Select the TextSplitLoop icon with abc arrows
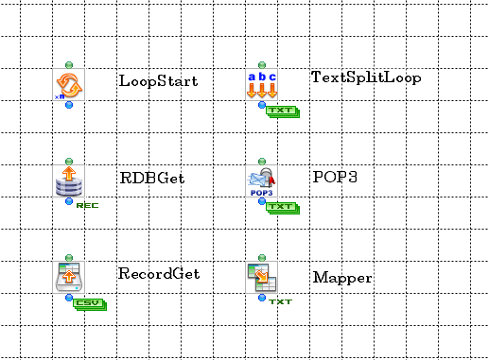(x=261, y=84)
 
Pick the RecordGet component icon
(x=70, y=276)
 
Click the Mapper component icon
(x=261, y=276)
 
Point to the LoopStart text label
(x=158, y=81)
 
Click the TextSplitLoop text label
(x=366, y=77)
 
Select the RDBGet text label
(x=151, y=176)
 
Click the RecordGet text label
(x=159, y=274)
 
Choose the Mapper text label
(x=342, y=279)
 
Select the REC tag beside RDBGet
(x=87, y=205)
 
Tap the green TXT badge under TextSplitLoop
(x=282, y=111)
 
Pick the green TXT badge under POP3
(x=282, y=207)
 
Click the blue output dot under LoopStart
(x=70, y=105)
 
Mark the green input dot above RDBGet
(x=70, y=161)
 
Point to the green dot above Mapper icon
(x=261, y=257)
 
